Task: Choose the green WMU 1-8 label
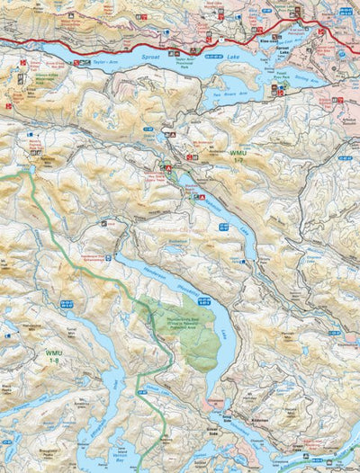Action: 55,354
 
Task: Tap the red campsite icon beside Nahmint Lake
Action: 203,197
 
